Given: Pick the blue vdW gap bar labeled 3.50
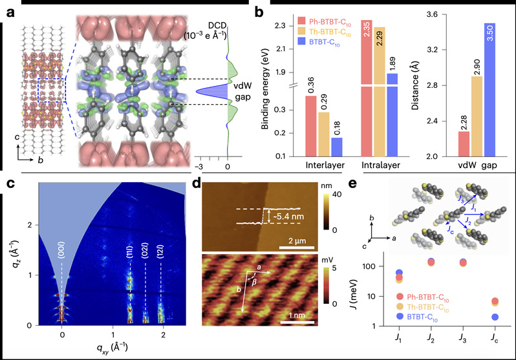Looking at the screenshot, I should [493, 90].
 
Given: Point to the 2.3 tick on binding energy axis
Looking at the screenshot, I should [289, 26].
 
